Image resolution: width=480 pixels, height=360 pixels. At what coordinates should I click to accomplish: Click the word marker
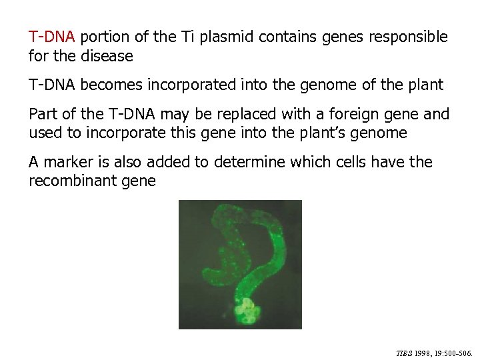point(69,162)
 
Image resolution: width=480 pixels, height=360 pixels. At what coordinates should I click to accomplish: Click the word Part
point(43,114)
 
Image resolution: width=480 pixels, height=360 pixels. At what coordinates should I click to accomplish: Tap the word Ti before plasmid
point(188,37)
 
